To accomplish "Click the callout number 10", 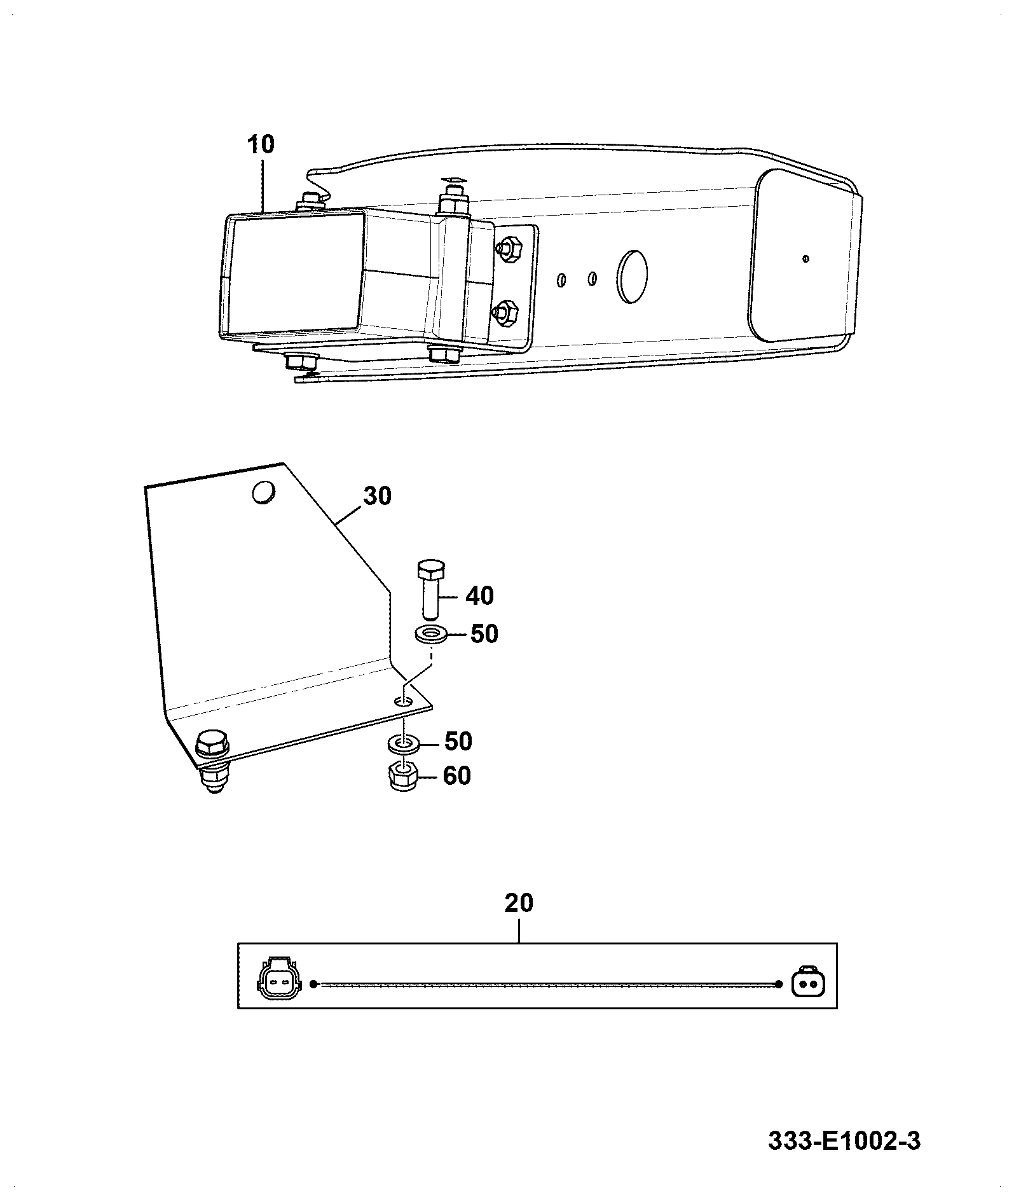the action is tap(261, 144).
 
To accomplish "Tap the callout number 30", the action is tap(377, 495).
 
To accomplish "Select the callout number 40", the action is tap(479, 596).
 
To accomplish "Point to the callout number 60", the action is tap(456, 776).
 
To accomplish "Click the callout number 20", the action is tap(519, 904).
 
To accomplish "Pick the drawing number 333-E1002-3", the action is tap(844, 1141).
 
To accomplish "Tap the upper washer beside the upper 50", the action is tap(431, 634).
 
